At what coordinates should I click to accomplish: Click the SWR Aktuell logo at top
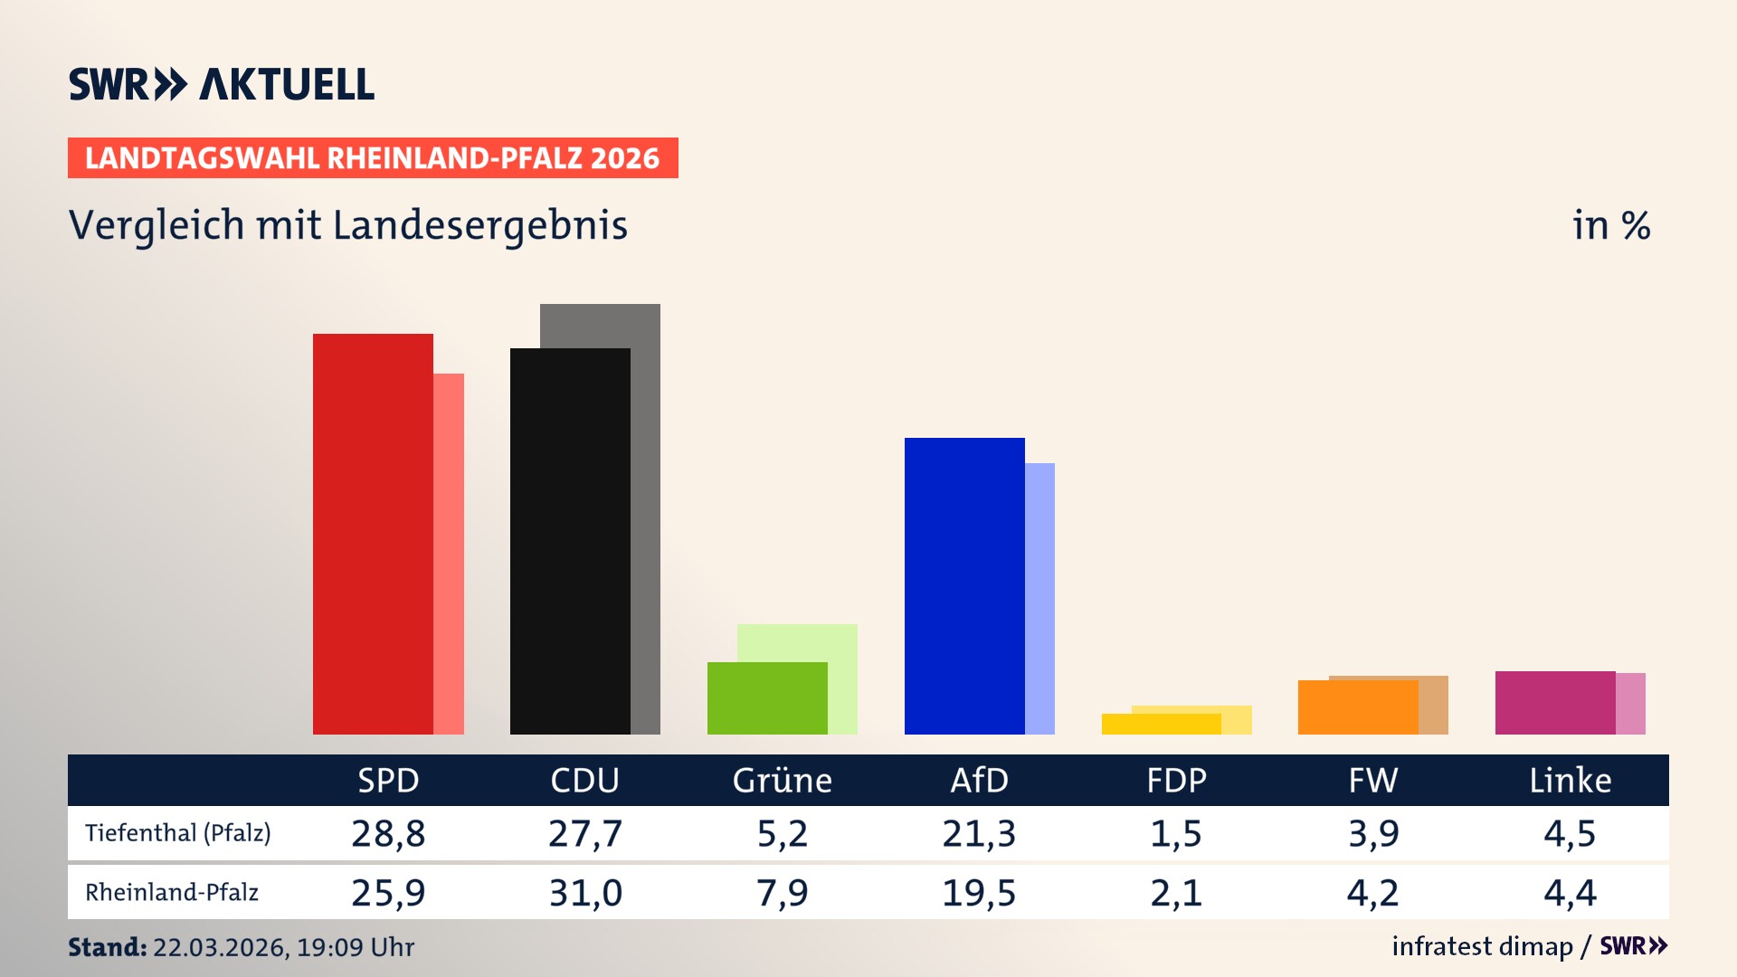(221, 84)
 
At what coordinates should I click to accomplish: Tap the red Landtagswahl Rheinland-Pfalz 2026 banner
(372, 158)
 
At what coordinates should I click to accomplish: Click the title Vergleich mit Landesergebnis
(347, 225)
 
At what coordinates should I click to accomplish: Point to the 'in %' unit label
(1610, 225)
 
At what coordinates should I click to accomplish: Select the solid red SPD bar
(373, 534)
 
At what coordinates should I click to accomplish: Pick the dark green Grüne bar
(767, 697)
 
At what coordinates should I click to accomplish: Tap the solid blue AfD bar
(964, 585)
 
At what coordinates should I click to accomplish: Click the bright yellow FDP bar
(1161, 724)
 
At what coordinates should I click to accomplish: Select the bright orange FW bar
(1357, 707)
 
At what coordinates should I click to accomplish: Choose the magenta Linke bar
(1554, 702)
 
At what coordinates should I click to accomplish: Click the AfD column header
(979, 780)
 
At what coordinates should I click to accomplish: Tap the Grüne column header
(782, 780)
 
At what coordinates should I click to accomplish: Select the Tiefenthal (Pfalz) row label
(178, 832)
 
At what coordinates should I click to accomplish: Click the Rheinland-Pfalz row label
(172, 892)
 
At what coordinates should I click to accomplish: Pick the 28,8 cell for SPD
(388, 833)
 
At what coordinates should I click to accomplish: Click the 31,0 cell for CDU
(585, 893)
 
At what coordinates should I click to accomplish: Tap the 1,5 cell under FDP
(1175, 833)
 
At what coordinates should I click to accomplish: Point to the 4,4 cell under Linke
(1570, 893)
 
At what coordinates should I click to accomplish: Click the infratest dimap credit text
(1482, 946)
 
